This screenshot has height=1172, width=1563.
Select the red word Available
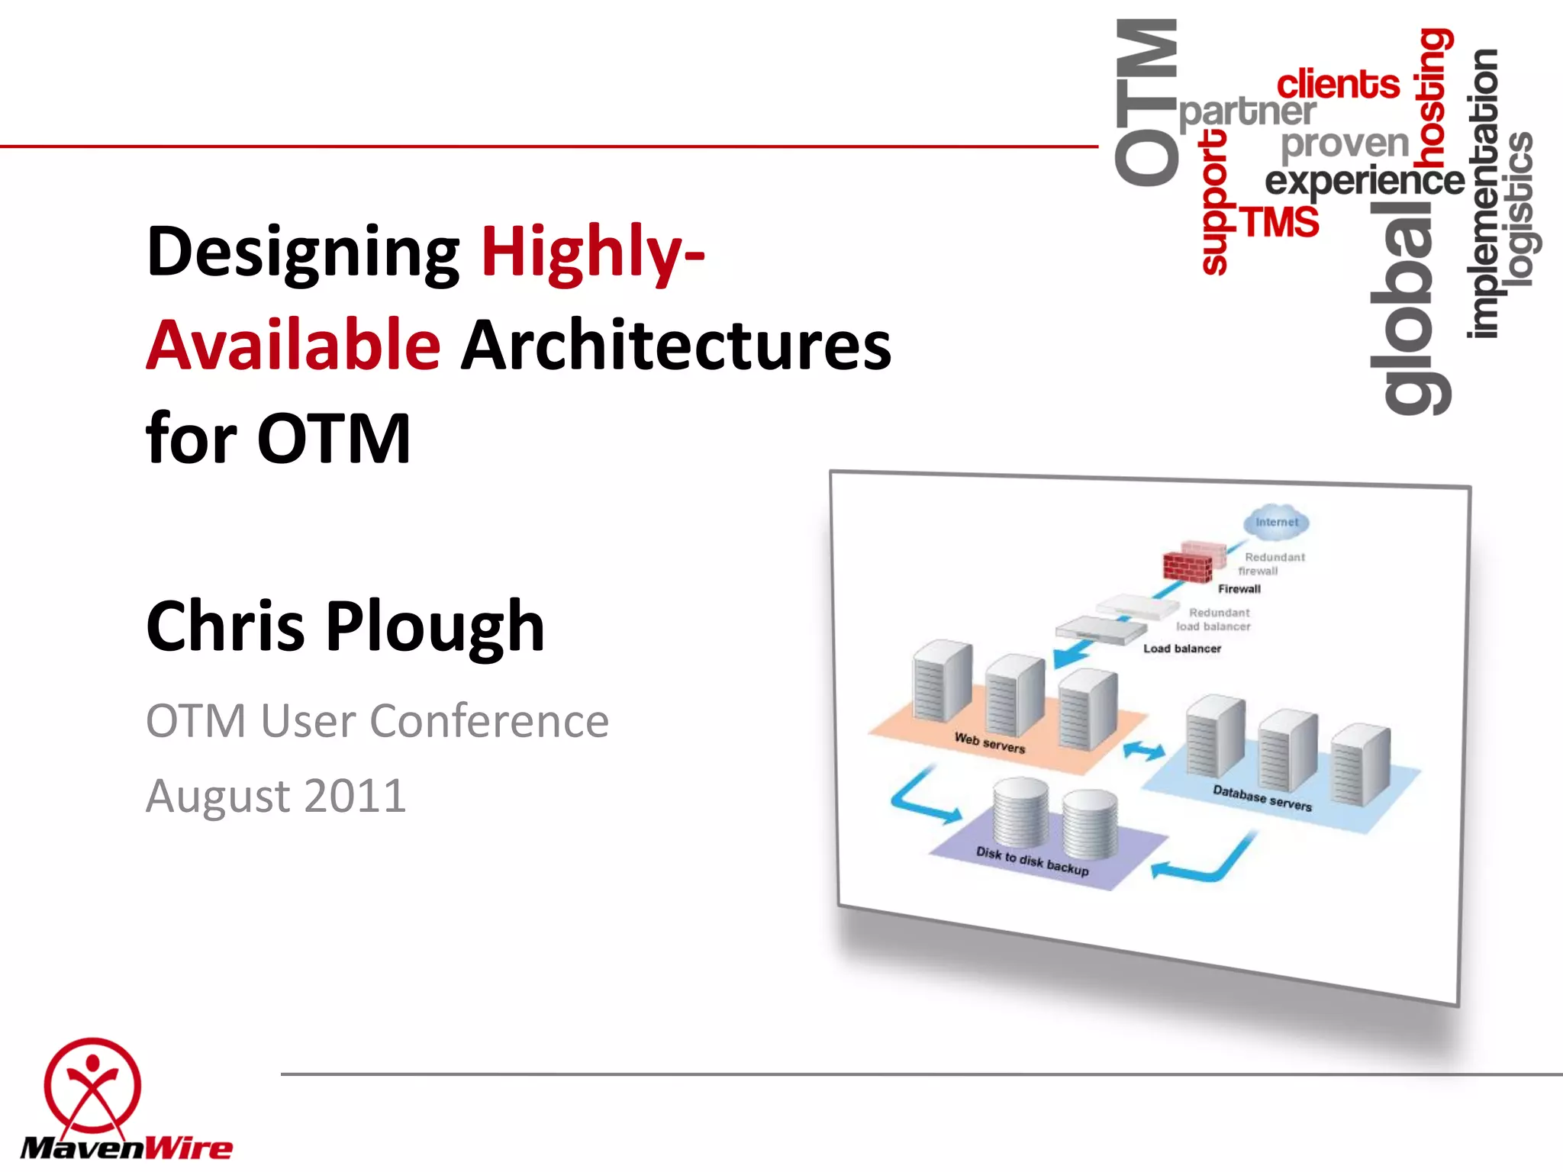pos(293,346)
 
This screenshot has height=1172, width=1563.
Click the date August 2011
pos(276,796)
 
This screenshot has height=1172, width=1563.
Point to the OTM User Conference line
pos(377,721)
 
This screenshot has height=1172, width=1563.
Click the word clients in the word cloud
pos(1338,84)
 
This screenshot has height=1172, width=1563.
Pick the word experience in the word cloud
pos(1365,182)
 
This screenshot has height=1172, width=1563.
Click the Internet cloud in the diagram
pos(1276,522)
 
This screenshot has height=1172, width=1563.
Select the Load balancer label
pos(1181,649)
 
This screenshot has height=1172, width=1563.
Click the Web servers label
pos(989,742)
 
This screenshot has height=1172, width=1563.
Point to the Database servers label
pos(1262,798)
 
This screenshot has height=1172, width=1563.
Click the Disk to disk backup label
pos(1032,861)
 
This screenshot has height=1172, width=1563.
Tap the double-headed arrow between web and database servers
pos(1144,751)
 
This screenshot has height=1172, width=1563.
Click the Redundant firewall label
pos(1271,564)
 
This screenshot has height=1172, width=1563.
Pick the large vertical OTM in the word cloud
pos(1146,103)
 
